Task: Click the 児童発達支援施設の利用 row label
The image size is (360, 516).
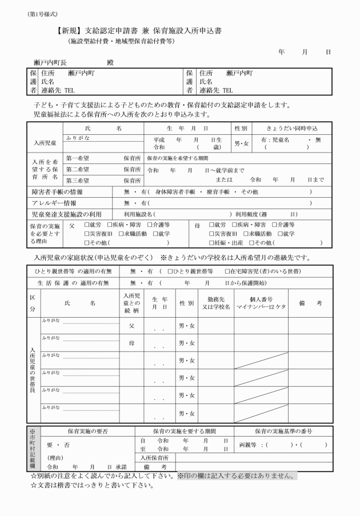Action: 66,214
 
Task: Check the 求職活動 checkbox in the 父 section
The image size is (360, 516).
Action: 121,234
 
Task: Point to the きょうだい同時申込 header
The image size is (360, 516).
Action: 292,129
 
